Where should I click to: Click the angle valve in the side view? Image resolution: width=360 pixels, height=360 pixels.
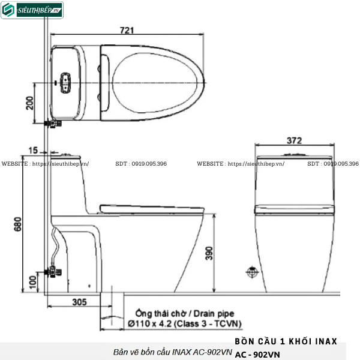55,271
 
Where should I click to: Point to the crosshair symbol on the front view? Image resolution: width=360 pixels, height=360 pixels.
251,272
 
